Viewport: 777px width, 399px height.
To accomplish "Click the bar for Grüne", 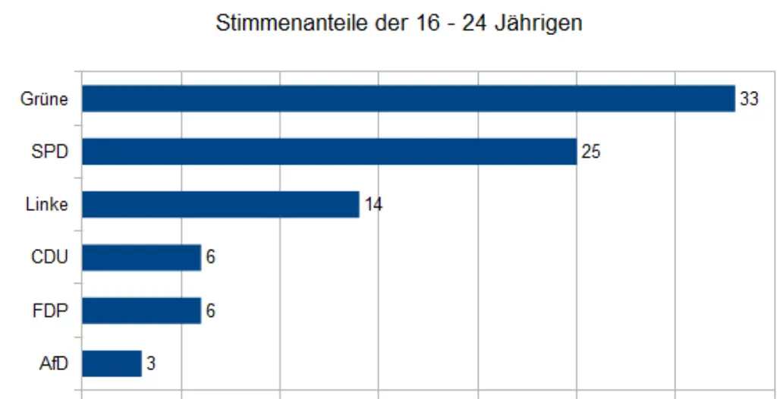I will coord(408,99).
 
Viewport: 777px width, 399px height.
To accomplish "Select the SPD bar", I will coord(329,152).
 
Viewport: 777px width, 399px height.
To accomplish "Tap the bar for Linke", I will coord(220,205).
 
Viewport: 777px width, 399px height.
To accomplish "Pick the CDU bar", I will coord(141,257).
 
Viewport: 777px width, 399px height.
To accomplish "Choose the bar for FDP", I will coord(141,310).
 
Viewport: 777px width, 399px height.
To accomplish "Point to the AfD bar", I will coord(112,363).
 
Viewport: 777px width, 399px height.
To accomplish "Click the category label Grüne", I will coord(44,99).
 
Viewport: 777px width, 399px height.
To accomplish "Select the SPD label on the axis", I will coord(49,152).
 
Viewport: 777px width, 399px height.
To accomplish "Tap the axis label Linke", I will coord(46,205).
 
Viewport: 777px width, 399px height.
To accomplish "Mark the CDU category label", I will coord(49,257).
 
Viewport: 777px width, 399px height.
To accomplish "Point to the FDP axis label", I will coord(50,310).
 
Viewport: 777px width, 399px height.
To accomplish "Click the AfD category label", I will coord(53,363).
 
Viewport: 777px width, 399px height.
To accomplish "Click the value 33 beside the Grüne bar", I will coord(749,99).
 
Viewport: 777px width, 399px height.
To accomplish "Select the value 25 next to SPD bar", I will coord(590,152).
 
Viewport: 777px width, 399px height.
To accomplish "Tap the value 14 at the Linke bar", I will coord(373,205).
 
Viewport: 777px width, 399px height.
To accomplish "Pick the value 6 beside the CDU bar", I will coord(210,257).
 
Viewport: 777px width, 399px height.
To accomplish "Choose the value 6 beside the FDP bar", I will coord(210,310).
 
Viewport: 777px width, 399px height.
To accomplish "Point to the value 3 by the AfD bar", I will coord(151,363).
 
